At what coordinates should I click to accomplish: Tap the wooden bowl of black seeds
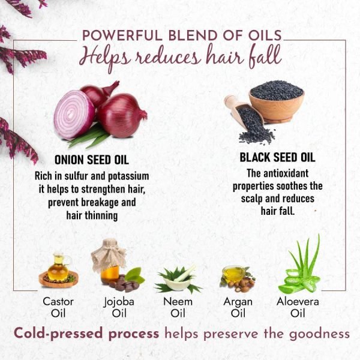point(277,101)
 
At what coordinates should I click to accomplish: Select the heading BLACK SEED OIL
point(277,158)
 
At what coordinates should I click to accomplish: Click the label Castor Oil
point(58,307)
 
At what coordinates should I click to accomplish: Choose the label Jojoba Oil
point(118,307)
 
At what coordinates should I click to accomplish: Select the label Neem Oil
point(178,307)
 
